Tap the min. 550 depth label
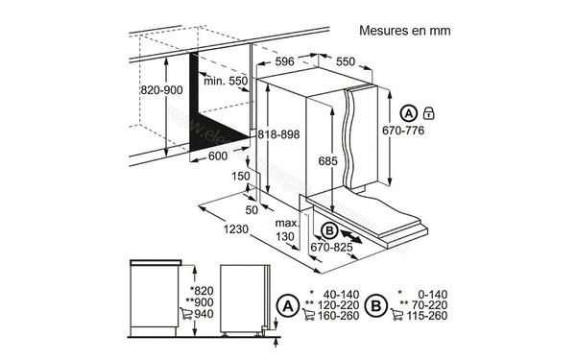228,83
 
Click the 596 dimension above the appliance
284,61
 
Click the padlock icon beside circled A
429,113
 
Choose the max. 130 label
284,229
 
